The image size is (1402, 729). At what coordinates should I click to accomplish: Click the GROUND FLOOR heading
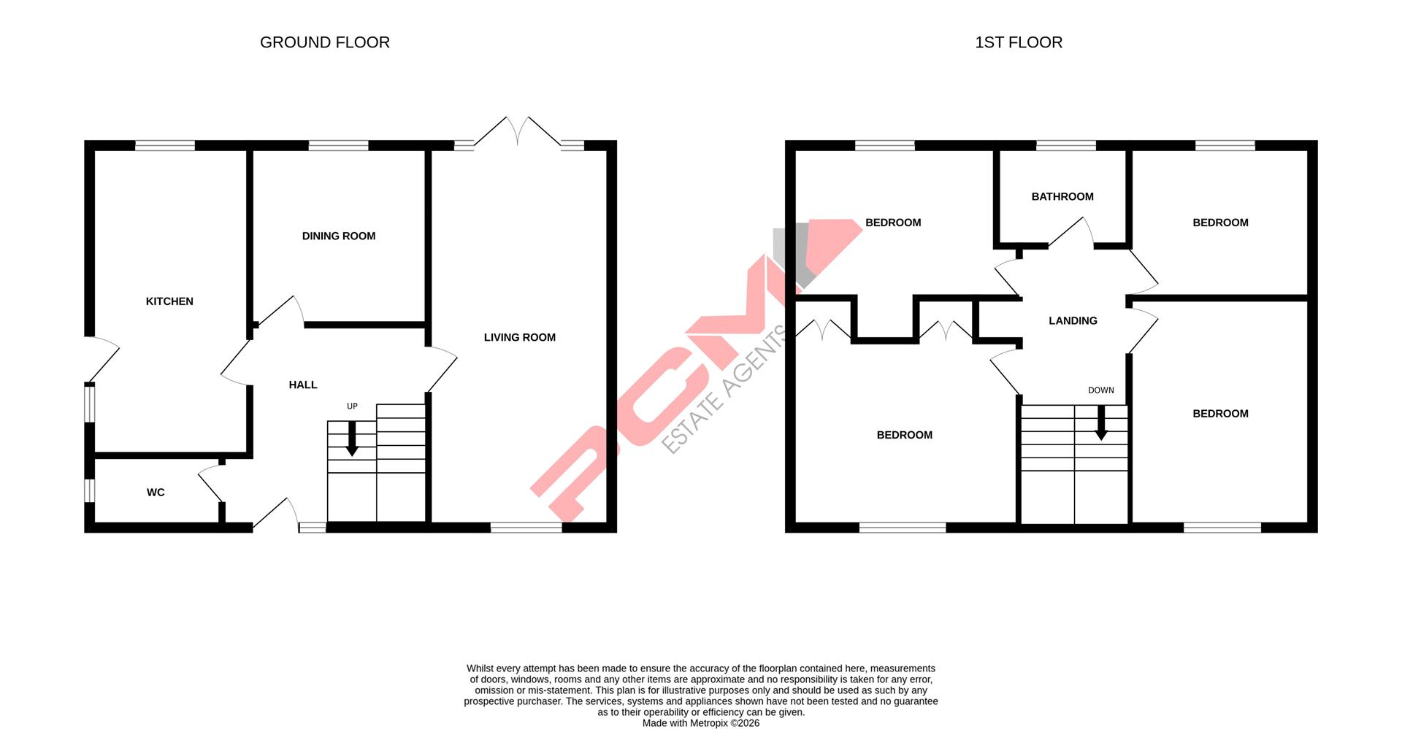click(x=324, y=42)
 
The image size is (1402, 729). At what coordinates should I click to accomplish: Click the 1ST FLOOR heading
click(x=1018, y=42)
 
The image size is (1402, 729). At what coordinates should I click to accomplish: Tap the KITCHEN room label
click(x=169, y=301)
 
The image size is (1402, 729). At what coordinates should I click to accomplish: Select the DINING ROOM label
click(x=339, y=236)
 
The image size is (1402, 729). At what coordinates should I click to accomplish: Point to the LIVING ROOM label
click(x=519, y=337)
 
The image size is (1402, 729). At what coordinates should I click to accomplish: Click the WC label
click(x=156, y=493)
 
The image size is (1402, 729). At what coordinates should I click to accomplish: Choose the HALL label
click(x=303, y=385)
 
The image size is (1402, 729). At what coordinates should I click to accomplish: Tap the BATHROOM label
click(x=1062, y=196)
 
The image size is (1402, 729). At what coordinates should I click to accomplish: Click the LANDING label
click(x=1073, y=320)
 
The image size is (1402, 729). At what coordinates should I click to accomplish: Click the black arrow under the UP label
click(x=352, y=439)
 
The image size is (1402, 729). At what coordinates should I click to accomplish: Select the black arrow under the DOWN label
click(x=1100, y=423)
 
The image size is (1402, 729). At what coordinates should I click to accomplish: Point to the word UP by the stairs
click(x=352, y=406)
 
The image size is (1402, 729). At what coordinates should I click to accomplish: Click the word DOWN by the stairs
click(x=1100, y=390)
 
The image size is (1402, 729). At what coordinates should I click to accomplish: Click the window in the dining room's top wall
click(x=338, y=145)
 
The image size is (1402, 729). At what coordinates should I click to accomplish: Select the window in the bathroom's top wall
click(x=1065, y=145)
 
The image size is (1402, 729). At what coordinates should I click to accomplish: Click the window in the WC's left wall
click(x=89, y=490)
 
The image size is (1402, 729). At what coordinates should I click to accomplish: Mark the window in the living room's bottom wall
click(x=526, y=528)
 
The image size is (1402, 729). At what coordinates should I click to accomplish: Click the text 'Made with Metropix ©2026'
click(x=700, y=723)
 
